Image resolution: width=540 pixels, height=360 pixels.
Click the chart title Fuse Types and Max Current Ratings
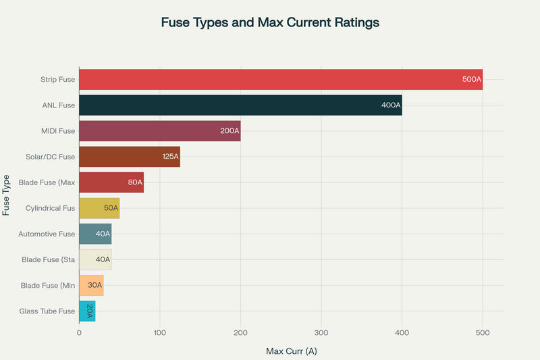(270, 22)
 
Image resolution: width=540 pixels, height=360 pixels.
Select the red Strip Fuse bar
(270, 80)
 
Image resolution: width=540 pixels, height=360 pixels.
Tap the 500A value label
(471, 80)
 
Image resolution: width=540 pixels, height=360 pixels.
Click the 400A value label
(391, 105)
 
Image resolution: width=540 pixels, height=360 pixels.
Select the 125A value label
(170, 157)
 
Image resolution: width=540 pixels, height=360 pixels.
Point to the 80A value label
(135, 182)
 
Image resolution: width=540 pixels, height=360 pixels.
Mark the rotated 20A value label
(89, 311)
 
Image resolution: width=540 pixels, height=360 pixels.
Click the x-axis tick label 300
(321, 332)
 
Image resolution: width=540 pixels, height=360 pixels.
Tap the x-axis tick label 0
(79, 332)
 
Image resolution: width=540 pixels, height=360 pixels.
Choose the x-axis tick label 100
(160, 332)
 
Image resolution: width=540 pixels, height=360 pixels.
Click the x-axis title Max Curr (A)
(292, 351)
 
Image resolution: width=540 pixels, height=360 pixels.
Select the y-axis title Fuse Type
(7, 195)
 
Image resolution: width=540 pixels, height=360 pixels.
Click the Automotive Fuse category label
(48, 234)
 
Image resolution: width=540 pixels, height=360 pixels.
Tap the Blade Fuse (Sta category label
(48, 259)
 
